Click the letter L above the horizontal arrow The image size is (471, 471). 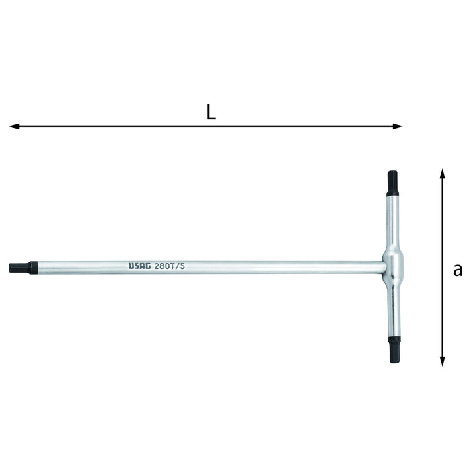point(211,112)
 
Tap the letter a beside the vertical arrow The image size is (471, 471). point(458,270)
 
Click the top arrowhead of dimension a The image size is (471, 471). point(442,173)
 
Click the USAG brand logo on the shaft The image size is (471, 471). point(139,266)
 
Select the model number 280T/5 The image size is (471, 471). point(170,266)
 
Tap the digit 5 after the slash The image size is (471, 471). point(182,266)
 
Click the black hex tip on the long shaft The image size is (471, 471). point(19,268)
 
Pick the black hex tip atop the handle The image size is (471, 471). point(392,182)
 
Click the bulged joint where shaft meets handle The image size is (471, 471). point(392,266)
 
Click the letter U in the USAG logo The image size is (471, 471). point(131,266)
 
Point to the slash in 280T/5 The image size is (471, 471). point(178,266)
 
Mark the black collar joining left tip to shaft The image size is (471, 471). point(33,268)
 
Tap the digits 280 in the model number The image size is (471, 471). point(162,266)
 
